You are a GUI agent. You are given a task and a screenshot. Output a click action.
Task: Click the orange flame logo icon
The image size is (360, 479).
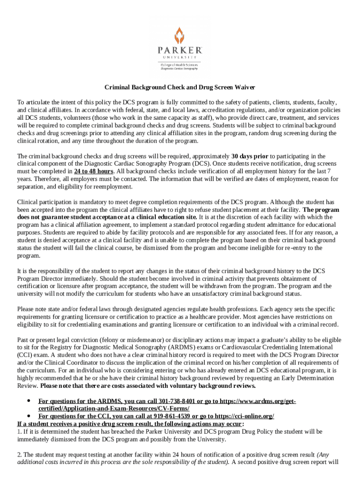(x=180, y=35)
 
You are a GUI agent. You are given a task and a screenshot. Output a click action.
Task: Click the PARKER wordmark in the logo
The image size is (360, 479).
(x=180, y=50)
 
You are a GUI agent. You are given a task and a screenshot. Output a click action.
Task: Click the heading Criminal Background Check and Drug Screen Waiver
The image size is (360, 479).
(x=180, y=88)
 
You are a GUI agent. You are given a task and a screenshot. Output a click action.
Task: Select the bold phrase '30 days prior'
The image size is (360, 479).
(x=250, y=156)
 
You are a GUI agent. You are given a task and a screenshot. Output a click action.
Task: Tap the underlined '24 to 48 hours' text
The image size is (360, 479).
(x=94, y=171)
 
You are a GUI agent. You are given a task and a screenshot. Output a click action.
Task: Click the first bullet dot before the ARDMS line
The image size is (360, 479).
(x=29, y=401)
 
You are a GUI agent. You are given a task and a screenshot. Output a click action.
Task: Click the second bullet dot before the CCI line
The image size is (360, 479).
(x=29, y=416)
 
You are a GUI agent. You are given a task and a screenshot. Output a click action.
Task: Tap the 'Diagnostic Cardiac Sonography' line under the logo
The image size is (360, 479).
(x=180, y=69)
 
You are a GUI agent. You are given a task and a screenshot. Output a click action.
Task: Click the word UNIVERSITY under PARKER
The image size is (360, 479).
(x=180, y=57)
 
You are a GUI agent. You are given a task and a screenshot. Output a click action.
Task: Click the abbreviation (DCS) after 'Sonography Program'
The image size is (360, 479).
(x=191, y=163)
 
